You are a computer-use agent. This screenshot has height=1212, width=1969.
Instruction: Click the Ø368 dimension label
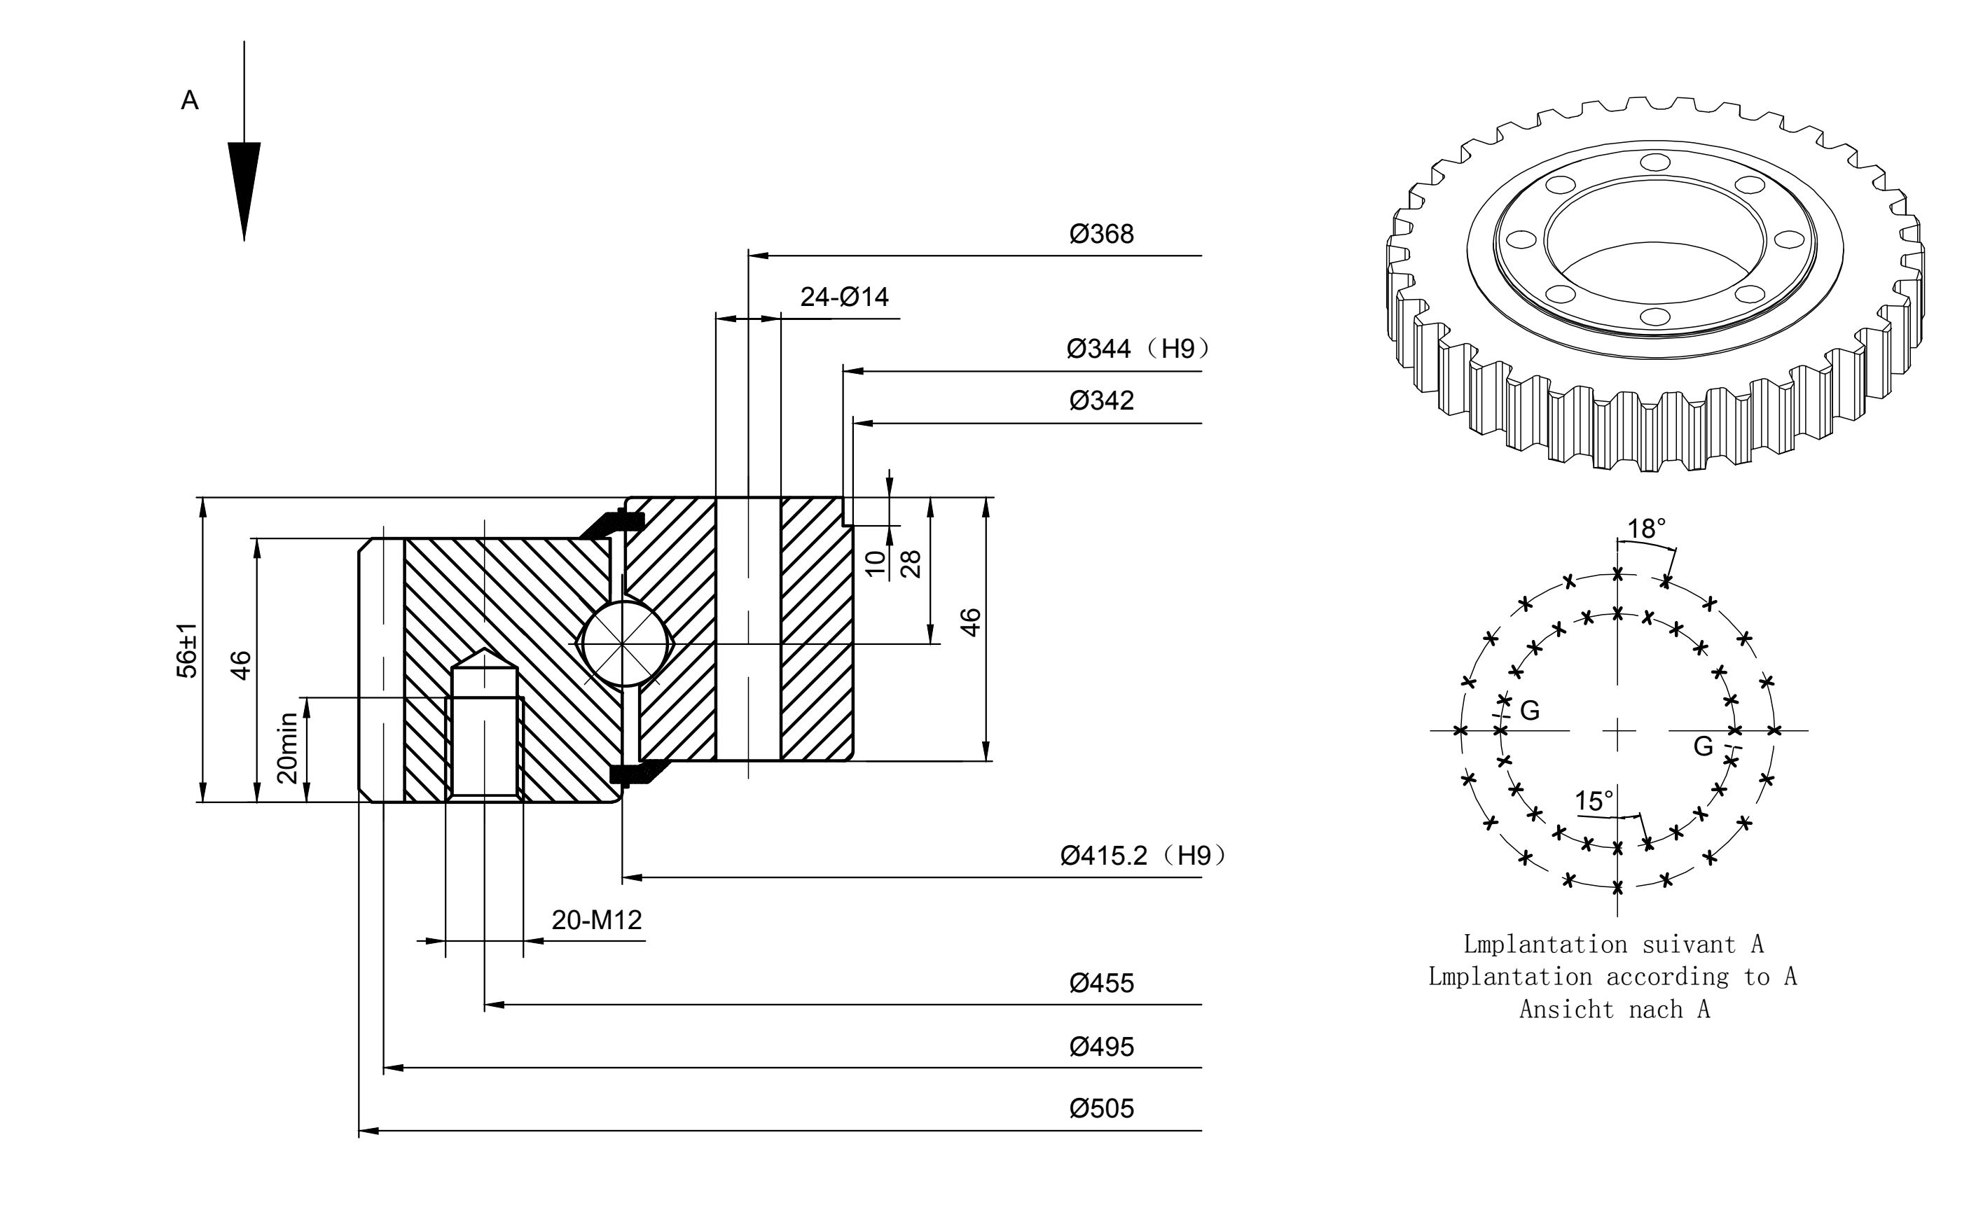pos(1102,234)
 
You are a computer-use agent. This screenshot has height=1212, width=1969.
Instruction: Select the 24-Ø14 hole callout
pos(844,298)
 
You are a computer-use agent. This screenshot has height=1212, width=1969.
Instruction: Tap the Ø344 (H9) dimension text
pos(1138,349)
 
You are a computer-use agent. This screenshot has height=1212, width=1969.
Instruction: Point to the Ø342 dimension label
pos(1102,400)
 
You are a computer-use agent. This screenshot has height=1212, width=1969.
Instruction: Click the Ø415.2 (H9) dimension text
pos(1143,856)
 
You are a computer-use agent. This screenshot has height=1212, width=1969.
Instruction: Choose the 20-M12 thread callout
pos(597,920)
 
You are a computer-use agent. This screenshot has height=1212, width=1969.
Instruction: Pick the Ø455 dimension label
pos(1102,984)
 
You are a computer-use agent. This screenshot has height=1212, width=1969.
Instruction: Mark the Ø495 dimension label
pos(1102,1047)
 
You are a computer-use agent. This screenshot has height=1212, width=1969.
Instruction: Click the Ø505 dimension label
pos(1102,1108)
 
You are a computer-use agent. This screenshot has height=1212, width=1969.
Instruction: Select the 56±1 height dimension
pos(187,650)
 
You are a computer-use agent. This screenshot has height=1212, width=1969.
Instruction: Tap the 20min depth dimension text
pos(287,748)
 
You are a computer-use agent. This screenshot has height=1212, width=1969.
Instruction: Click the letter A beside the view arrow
pos(190,100)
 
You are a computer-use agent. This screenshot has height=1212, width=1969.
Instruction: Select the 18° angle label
pos(1647,529)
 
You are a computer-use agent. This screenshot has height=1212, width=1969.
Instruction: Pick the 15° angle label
pos(1594,802)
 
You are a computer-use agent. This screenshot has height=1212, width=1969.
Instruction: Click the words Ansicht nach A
pos(1615,1009)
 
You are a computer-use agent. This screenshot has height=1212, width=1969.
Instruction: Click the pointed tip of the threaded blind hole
pos(483,649)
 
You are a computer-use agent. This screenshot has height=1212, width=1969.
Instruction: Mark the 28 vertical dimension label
pos(911,564)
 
